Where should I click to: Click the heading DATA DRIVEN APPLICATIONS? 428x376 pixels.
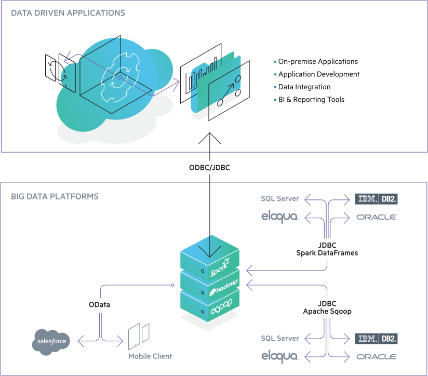tap(68, 12)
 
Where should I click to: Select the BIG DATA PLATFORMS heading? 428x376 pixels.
tap(55, 197)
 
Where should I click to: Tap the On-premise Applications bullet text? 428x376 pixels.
tap(318, 61)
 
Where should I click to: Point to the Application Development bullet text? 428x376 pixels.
tap(319, 74)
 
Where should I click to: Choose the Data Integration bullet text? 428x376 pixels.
tap(304, 87)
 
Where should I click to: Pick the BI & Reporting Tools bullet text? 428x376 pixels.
tap(311, 100)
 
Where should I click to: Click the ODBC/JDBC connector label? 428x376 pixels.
tap(209, 168)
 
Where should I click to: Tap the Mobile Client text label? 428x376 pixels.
tap(150, 356)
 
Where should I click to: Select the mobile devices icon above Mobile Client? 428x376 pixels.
tap(139, 335)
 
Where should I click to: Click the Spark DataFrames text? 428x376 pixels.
tap(327, 253)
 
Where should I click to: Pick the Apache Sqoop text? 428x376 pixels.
tap(327, 311)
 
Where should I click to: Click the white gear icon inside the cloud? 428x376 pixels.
tap(119, 78)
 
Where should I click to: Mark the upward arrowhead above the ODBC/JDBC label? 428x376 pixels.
tap(209, 138)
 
